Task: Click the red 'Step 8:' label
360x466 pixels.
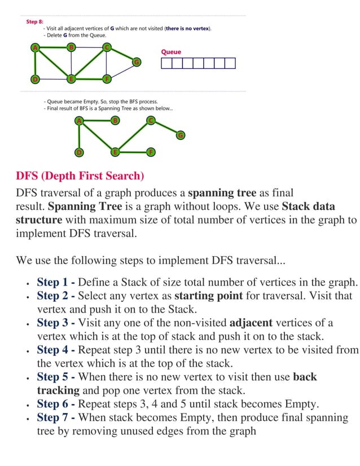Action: (35, 21)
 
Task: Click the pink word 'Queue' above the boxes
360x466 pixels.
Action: (171, 52)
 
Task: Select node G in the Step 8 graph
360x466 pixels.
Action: (136, 61)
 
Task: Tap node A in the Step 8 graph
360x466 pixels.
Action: (35, 47)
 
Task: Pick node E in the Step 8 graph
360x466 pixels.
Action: (71, 78)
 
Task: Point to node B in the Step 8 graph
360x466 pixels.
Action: (71, 47)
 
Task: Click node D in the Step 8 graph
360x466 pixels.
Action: (35, 78)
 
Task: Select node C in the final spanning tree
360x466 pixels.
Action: (151, 120)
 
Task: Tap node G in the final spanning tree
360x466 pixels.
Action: (180, 135)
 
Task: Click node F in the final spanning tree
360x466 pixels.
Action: (151, 152)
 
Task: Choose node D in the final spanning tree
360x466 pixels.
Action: (80, 152)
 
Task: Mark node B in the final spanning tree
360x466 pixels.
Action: (115, 120)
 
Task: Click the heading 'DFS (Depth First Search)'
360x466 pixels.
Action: (80, 175)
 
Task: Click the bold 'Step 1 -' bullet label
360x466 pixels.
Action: (56, 282)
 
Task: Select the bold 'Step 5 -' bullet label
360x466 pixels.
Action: (56, 377)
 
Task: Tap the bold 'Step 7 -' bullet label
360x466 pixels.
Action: (56, 417)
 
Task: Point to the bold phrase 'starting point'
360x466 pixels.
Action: (208, 296)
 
